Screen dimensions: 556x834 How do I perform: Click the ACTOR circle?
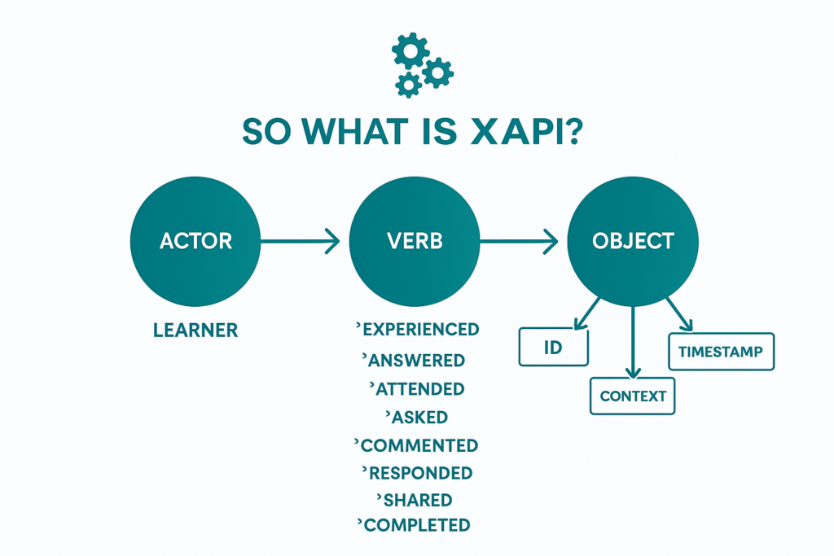(x=195, y=241)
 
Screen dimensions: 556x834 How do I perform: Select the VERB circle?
(x=415, y=241)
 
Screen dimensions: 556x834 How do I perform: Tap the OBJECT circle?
(x=633, y=241)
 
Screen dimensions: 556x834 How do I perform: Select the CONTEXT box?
(x=632, y=396)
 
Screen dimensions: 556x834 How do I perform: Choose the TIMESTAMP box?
(x=721, y=352)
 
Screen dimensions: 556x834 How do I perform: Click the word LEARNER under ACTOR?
(x=195, y=330)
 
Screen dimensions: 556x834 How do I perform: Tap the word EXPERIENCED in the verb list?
(x=419, y=329)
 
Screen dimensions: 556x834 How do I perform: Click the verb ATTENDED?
(x=419, y=389)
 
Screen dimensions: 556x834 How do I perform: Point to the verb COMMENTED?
(x=419, y=446)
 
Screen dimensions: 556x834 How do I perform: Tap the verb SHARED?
(x=417, y=500)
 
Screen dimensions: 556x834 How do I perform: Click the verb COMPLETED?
(x=416, y=525)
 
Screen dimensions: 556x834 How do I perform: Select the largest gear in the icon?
(x=410, y=52)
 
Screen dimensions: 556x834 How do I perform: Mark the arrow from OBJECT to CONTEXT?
(x=632, y=342)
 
